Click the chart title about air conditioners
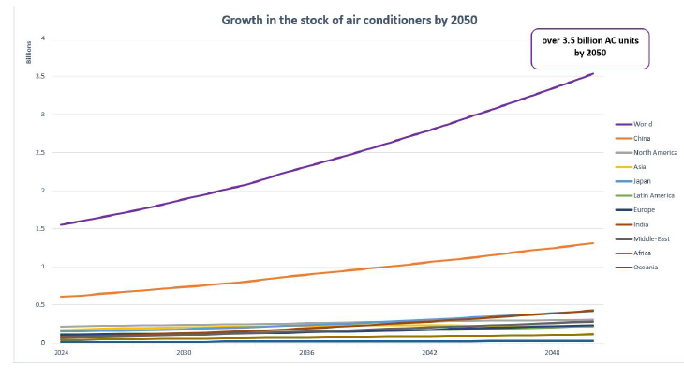click(349, 20)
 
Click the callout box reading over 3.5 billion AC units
click(590, 49)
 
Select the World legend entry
click(633, 124)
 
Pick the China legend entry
click(633, 139)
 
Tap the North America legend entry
click(647, 152)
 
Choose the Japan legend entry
click(633, 181)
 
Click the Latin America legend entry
click(645, 196)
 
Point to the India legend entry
click(632, 224)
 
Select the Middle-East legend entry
click(643, 239)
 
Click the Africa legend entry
click(633, 253)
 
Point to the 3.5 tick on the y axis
click(40, 76)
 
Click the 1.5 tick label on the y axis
click(40, 228)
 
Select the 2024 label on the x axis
click(62, 352)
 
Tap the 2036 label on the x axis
click(306, 352)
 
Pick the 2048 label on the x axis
click(552, 352)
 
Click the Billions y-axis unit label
click(29, 53)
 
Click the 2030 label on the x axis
click(184, 352)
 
